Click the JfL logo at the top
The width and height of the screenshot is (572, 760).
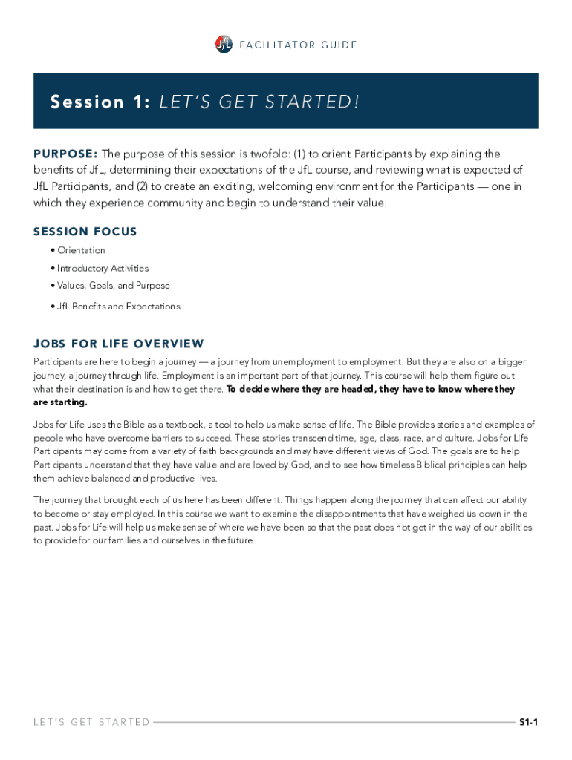click(x=223, y=45)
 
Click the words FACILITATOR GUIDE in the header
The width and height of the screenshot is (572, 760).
click(x=298, y=45)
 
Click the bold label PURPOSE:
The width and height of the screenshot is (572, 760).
click(x=65, y=154)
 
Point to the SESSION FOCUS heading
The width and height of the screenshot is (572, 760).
click(x=85, y=232)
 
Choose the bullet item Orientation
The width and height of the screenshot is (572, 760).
click(x=81, y=250)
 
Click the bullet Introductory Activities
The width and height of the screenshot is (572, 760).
click(x=103, y=268)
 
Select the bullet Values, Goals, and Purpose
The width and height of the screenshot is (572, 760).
click(x=113, y=286)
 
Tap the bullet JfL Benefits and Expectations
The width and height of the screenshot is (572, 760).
click(x=118, y=306)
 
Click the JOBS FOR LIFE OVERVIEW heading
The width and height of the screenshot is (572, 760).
click(x=119, y=344)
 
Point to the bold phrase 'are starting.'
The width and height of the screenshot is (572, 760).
click(x=61, y=402)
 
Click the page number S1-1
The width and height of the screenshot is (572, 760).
click(x=528, y=722)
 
